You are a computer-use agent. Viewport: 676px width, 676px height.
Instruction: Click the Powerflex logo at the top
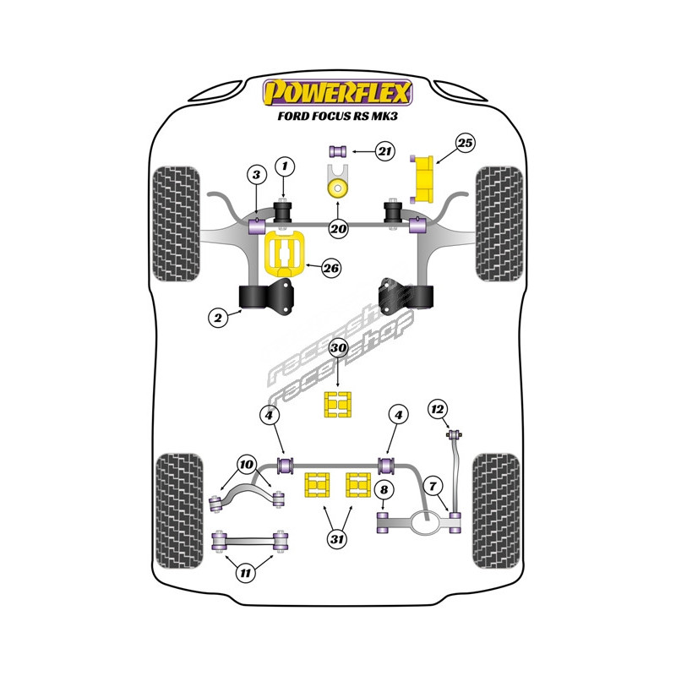338,91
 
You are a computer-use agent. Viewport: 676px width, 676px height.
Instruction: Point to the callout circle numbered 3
256,175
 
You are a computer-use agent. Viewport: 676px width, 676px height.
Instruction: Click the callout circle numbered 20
338,228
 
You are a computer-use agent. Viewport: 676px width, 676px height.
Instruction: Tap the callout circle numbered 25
465,144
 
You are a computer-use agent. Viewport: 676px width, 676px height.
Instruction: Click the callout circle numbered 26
331,269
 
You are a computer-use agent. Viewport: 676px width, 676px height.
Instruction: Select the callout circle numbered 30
338,348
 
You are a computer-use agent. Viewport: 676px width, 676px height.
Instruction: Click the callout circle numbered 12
437,410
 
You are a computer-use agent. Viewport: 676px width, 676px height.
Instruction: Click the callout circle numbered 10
246,464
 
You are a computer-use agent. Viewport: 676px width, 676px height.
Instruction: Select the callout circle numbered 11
246,574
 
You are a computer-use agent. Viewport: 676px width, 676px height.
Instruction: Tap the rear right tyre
497,499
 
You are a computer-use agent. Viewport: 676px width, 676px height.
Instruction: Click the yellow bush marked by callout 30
338,405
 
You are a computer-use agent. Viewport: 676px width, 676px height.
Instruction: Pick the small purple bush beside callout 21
338,152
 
